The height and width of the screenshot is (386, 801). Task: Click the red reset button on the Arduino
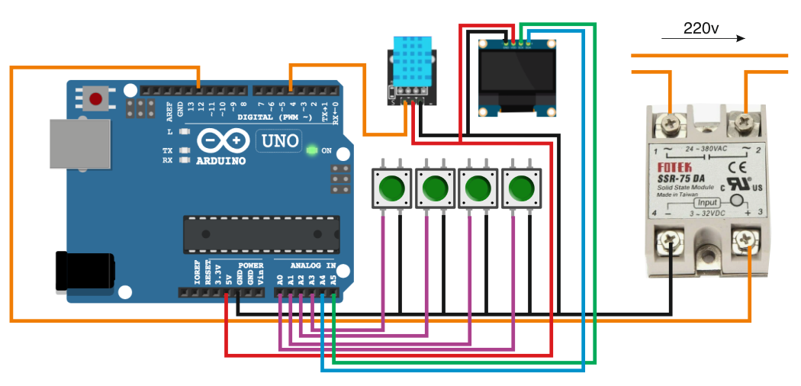coord(96,98)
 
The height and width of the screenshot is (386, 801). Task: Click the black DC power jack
coord(85,271)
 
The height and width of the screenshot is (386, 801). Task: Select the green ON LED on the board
coord(311,150)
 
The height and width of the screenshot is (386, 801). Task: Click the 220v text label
coord(700,29)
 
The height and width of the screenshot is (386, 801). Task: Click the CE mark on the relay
coord(735,167)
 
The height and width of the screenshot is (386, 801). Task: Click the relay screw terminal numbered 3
coord(745,242)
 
